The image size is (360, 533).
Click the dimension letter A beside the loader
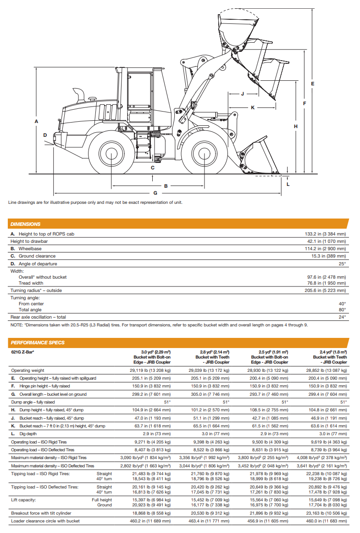coord(36,121)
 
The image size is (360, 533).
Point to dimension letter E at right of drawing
coord(312,84)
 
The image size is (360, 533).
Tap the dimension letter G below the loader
coord(155,193)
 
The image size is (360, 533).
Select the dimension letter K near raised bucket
coord(252,107)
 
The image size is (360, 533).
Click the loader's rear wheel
coord(111,154)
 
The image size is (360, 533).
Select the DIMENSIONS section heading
coord(26,224)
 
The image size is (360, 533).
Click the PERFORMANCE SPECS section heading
coord(38,342)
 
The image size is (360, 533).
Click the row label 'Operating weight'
coord(28,370)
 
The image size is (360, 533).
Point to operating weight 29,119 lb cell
coord(151,370)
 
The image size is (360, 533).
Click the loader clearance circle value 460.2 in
coord(151,521)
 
